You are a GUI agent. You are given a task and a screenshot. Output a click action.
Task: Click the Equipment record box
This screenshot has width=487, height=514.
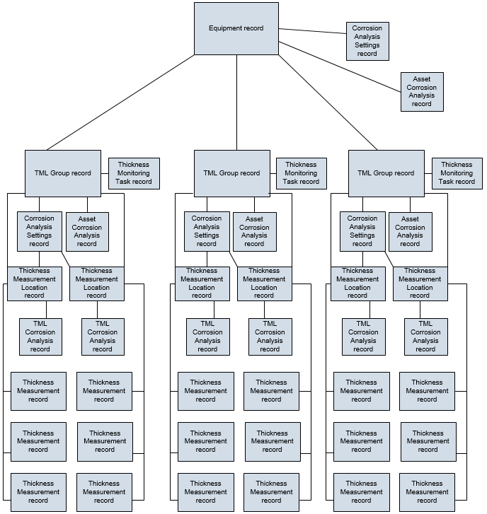tap(236, 28)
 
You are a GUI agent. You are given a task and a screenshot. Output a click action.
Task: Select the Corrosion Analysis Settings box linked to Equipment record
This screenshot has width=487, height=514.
tap(367, 41)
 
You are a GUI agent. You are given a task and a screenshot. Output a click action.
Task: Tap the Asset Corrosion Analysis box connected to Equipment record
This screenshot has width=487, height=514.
tap(422, 92)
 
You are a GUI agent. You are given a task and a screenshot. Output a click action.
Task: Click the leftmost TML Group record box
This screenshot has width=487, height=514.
tap(63, 173)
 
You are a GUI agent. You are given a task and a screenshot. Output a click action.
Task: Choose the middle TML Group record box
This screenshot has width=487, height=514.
tap(232, 173)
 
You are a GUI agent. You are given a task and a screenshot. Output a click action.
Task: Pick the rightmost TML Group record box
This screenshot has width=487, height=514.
tap(386, 173)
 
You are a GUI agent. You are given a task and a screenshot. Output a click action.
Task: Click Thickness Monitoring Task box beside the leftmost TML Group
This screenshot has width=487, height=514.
tap(134, 173)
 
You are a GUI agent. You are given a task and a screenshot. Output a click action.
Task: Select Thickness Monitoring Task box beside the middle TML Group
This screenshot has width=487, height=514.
tap(302, 173)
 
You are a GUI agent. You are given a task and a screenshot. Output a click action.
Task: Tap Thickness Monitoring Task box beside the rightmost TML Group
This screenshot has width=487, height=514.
tap(457, 173)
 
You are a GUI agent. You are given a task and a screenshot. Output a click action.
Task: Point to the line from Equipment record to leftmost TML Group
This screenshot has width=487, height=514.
tap(120, 103)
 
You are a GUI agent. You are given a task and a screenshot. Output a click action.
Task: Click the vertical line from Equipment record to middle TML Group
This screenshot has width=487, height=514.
tap(236, 103)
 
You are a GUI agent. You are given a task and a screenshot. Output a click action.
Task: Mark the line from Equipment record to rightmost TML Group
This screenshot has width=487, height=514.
tap(328, 103)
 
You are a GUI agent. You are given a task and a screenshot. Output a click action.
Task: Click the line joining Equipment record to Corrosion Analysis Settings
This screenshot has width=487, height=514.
tap(312, 31)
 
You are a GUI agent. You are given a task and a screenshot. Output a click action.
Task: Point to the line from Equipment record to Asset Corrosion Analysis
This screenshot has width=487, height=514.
tap(340, 67)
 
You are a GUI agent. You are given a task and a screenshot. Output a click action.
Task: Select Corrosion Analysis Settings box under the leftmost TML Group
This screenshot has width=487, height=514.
tap(40, 231)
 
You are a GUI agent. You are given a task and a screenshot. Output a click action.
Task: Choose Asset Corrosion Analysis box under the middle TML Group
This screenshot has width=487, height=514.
tap(255, 232)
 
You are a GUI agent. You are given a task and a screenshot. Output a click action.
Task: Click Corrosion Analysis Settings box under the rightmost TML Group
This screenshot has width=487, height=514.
tap(362, 231)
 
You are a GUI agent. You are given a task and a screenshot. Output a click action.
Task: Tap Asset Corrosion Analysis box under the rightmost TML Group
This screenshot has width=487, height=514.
tap(411, 232)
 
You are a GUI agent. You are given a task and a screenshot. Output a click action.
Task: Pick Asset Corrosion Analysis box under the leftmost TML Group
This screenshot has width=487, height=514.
tap(87, 232)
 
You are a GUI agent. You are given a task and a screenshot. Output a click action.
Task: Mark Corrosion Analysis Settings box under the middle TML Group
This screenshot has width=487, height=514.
tap(207, 231)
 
